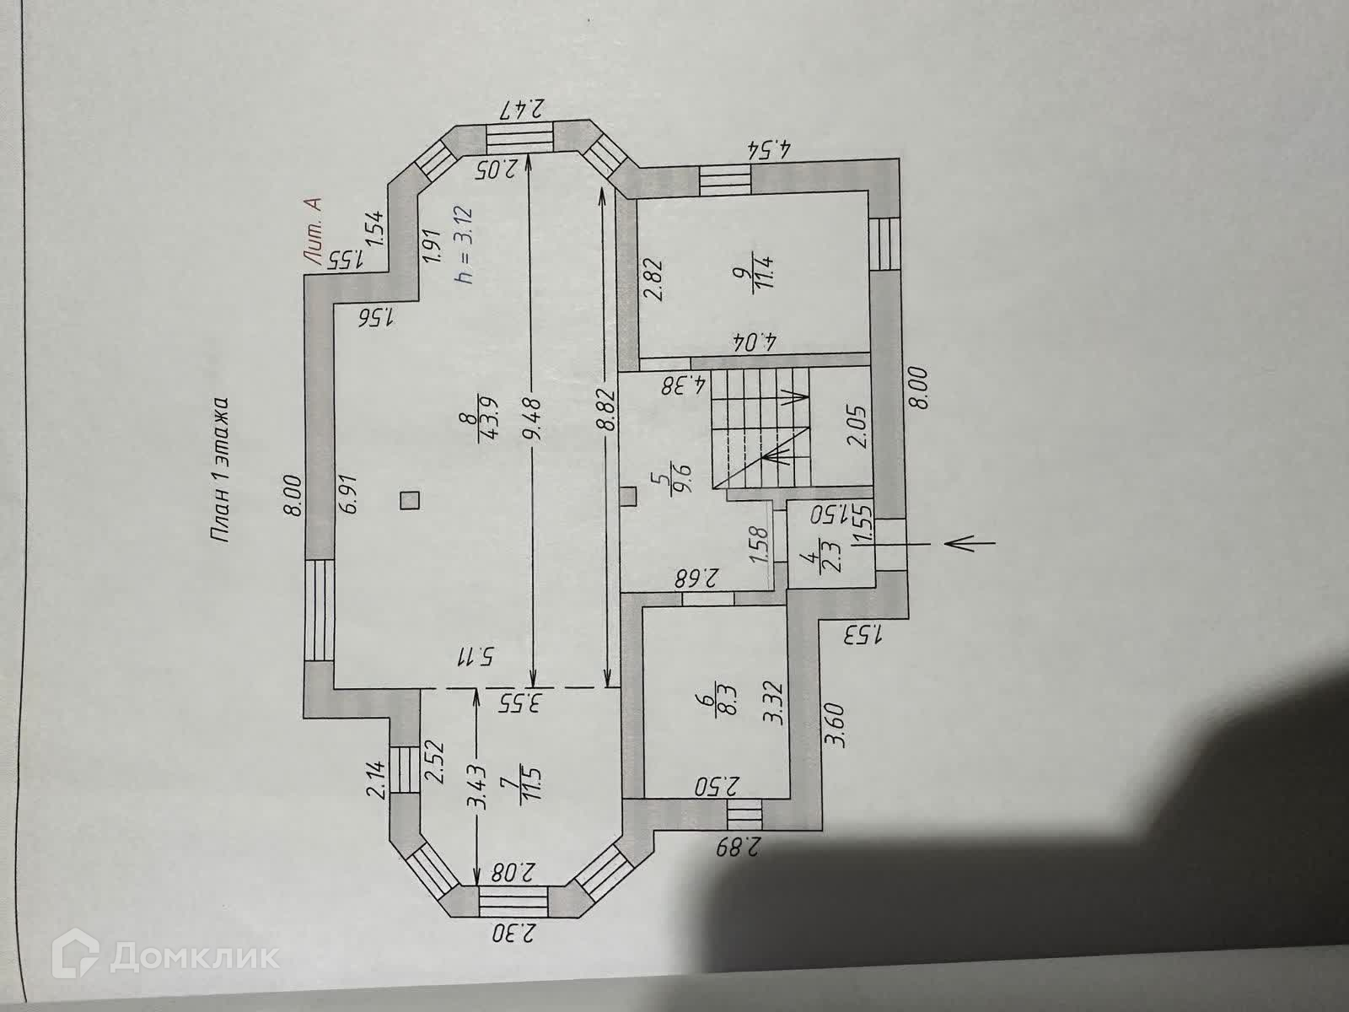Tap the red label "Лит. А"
[314, 229]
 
